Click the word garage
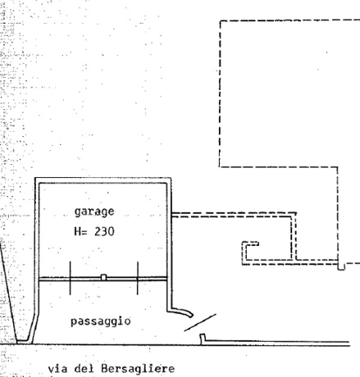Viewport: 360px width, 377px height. tap(94, 212)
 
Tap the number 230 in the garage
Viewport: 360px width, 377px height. tap(104, 232)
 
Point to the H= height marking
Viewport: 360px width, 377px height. tap(80, 232)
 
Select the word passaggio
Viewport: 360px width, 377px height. tap(101, 321)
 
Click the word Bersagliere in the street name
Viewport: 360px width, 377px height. tap(138, 369)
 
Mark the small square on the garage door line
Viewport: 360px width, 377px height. tap(103, 278)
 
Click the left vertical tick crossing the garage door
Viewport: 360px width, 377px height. tap(71, 278)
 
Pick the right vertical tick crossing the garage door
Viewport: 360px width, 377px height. tap(138, 278)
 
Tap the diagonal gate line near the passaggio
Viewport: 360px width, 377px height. tap(200, 322)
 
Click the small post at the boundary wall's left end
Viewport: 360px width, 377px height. tap(203, 338)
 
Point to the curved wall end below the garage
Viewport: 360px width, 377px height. tap(181, 312)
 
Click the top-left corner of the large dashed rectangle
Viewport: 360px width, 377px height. tap(220, 20)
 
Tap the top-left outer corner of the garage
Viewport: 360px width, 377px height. tap(35, 178)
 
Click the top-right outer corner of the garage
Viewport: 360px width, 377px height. tap(171, 178)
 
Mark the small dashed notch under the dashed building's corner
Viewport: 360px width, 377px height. tap(341, 266)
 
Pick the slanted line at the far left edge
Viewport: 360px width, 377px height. tap(8, 291)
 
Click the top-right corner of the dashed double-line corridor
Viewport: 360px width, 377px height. tap(296, 212)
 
